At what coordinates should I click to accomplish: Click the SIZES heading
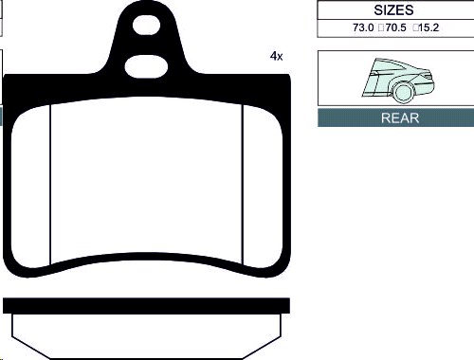coord(393,10)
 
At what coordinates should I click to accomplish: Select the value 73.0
coord(363,27)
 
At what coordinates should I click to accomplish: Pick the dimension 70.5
coord(395,27)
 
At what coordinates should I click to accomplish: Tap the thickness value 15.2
coord(428,27)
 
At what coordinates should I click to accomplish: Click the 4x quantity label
coord(276,56)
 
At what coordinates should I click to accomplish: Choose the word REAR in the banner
coord(400,117)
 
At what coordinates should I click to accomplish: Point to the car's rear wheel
coord(403,92)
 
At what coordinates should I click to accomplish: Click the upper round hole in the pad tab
coord(146,25)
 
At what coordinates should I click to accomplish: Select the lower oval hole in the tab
coord(146,66)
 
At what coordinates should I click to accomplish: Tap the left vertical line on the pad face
coord(50,185)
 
